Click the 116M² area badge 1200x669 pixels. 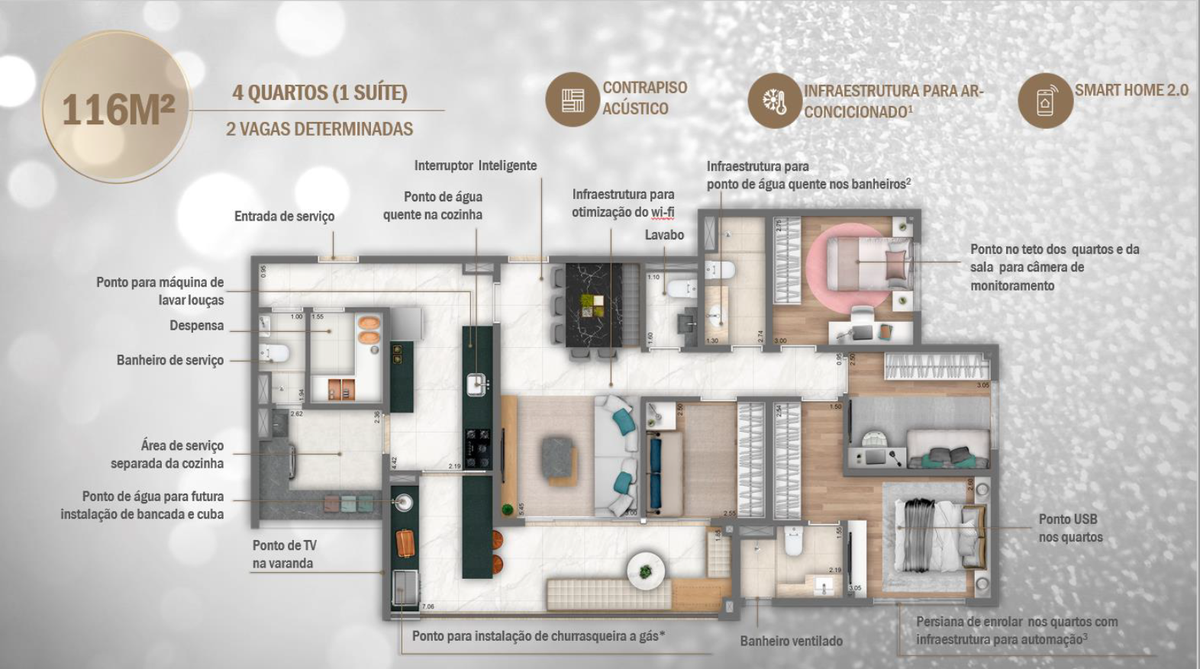[117, 109]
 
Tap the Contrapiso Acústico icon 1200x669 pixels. [572, 100]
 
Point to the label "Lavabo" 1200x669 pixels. [664, 235]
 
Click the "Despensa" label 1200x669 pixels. [197, 326]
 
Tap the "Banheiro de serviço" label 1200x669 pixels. [170, 360]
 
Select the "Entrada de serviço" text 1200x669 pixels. [284, 217]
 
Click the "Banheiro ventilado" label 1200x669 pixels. [791, 641]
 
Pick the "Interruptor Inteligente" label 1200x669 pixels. [475, 166]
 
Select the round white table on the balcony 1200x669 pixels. [646, 569]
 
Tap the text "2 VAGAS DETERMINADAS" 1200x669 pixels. [319, 129]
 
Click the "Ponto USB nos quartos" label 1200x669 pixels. [1070, 528]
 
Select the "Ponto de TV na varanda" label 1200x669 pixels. [284, 555]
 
